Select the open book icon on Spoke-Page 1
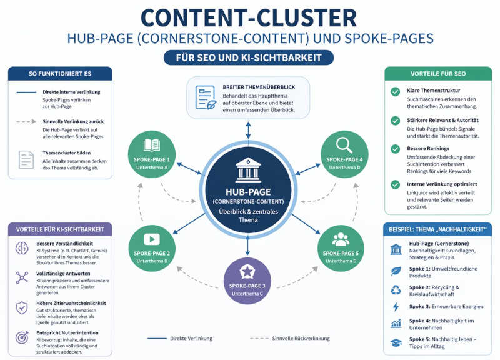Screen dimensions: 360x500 point(152,145)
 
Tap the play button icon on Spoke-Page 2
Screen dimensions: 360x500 point(152,239)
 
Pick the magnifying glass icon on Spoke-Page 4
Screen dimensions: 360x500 point(344,145)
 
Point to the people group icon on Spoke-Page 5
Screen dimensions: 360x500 point(341,239)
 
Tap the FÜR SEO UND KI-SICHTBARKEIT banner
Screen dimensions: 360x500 point(249,57)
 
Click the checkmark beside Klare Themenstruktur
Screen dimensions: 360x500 point(395,92)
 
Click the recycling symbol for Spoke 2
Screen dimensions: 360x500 point(396,289)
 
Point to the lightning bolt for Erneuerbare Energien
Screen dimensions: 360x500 point(396,307)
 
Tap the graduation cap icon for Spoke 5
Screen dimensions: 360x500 point(396,342)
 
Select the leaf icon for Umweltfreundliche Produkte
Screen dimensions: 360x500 point(396,272)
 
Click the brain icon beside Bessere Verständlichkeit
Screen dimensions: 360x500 point(22,248)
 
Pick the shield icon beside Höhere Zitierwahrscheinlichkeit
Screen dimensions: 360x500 point(22,307)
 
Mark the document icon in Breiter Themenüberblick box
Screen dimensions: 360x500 point(204,96)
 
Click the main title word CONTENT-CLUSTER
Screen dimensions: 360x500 point(249,17)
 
